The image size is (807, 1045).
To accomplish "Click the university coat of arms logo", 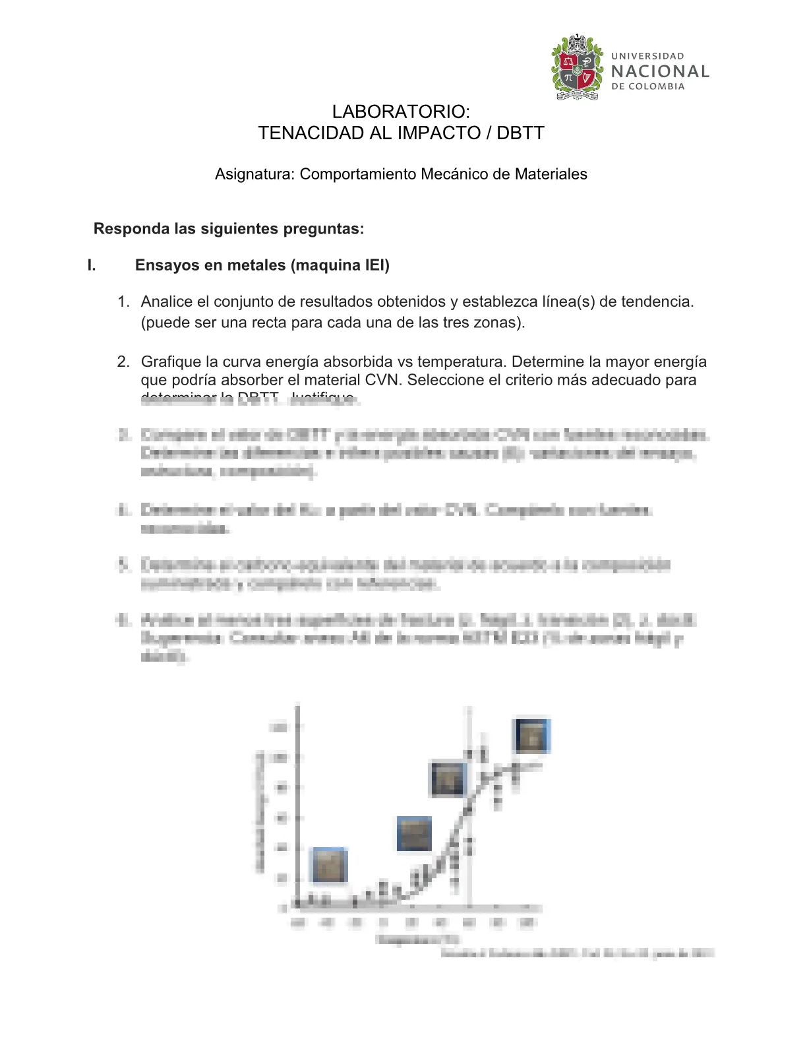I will (578, 68).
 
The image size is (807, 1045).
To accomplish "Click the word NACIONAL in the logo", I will (660, 71).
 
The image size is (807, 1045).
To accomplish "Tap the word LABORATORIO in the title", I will (400, 111).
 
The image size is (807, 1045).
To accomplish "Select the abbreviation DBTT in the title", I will (520, 133).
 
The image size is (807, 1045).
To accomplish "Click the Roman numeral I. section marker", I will (92, 265).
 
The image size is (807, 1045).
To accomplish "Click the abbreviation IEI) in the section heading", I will (377, 265).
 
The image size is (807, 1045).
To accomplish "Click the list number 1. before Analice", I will (123, 302).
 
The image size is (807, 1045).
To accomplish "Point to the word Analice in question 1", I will (167, 302).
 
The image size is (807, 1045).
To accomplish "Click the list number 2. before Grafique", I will (123, 362).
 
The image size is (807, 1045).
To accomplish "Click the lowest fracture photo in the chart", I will (329, 865).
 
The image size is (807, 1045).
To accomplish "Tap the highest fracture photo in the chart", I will (531, 736).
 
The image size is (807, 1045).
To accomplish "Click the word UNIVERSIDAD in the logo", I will (647, 56).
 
